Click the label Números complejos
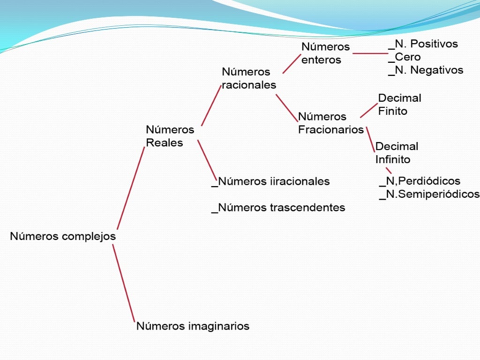point(63,236)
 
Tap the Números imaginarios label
point(193,326)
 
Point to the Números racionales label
point(248,78)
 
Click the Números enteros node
point(325,53)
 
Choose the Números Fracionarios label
point(330,123)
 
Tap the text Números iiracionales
point(274,181)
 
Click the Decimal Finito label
point(399,105)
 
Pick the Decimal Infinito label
point(397,153)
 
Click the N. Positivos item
point(426,44)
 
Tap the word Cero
point(408,57)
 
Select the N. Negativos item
point(429,70)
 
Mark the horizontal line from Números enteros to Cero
point(370,53)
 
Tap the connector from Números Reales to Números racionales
point(211,106)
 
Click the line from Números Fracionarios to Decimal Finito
point(369,111)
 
